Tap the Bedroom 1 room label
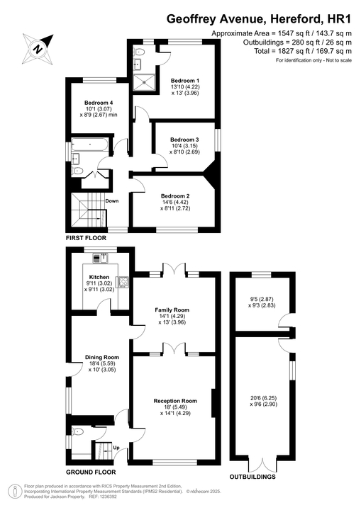pyautogui.click(x=184, y=81)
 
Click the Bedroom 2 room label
pyautogui.click(x=175, y=196)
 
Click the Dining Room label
pyautogui.click(x=102, y=357)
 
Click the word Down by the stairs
pyautogui.click(x=112, y=200)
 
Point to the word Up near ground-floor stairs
pyautogui.click(x=116, y=448)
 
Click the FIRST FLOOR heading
pyautogui.click(x=87, y=239)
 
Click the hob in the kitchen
pyautogui.click(x=123, y=283)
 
